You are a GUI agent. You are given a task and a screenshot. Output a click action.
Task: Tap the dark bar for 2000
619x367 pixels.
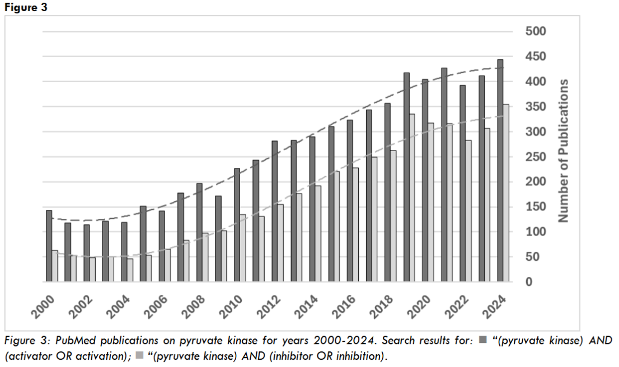tap(49, 246)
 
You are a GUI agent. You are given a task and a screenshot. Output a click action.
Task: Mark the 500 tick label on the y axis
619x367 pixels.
tap(536, 31)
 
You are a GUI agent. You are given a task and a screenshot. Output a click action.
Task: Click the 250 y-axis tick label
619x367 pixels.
tap(536, 157)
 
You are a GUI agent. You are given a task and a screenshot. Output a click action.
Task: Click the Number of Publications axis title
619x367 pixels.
tap(564, 150)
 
